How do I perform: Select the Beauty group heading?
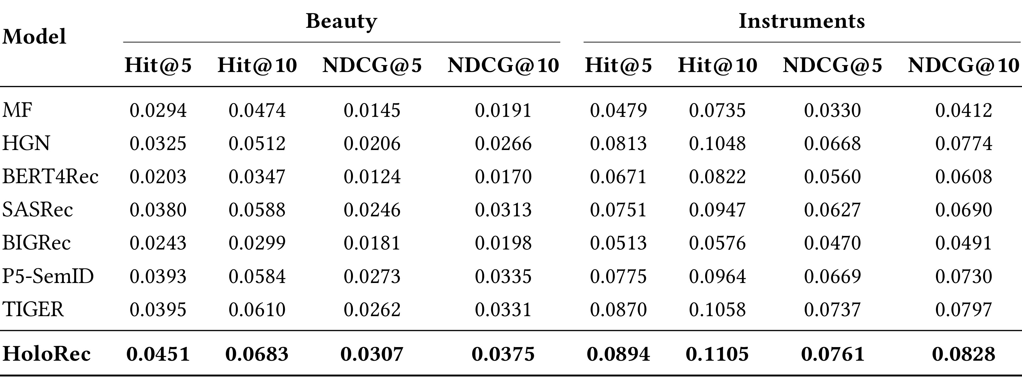pyautogui.click(x=341, y=21)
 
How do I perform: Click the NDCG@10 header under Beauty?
pyautogui.click(x=503, y=65)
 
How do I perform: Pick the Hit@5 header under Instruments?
pyautogui.click(x=618, y=65)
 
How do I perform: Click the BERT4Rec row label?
pyautogui.click(x=50, y=177)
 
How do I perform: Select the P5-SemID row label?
pyautogui.click(x=48, y=276)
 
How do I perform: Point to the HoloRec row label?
pyautogui.click(x=46, y=354)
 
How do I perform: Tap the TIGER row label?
pyautogui.click(x=33, y=309)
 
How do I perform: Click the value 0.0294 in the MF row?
pyautogui.click(x=158, y=110)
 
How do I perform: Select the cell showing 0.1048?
pyautogui.click(x=717, y=143)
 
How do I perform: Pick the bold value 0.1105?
pyautogui.click(x=717, y=354)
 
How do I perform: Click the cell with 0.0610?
pyautogui.click(x=257, y=309)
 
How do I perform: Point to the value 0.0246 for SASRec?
pyautogui.click(x=372, y=210)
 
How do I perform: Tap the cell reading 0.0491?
pyautogui.click(x=964, y=243)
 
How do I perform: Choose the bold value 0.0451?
pyautogui.click(x=158, y=354)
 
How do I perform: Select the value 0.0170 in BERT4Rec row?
pyautogui.click(x=503, y=177)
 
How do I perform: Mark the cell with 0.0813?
pyautogui.click(x=618, y=143)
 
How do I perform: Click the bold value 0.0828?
pyautogui.click(x=964, y=354)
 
